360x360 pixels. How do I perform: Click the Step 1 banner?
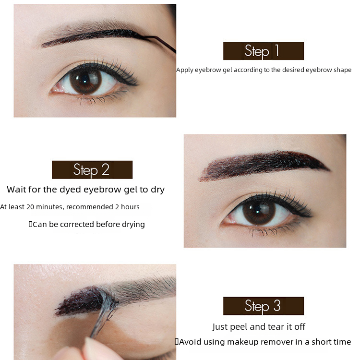click(x=264, y=51)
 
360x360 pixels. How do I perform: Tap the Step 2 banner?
click(x=92, y=169)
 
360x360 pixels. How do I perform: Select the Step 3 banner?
click(x=264, y=306)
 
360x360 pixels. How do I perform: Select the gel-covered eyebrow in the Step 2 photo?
click(x=264, y=165)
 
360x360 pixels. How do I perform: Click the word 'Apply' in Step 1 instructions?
click(x=185, y=70)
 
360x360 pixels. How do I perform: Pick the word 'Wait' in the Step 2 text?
click(x=16, y=190)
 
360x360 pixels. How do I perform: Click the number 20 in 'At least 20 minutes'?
click(x=30, y=207)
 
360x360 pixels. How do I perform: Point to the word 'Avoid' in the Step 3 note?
click(x=190, y=342)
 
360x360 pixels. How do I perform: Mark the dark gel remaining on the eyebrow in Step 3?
click(x=79, y=301)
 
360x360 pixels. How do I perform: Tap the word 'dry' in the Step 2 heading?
click(x=158, y=190)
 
